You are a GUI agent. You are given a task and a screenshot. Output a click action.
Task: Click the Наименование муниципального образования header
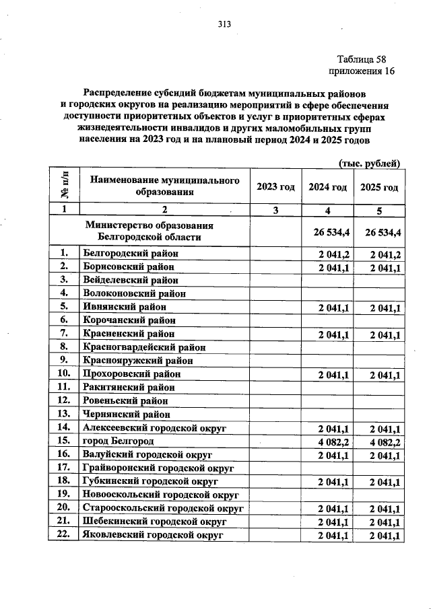(x=165, y=186)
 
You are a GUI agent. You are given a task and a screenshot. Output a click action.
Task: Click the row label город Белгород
(x=118, y=441)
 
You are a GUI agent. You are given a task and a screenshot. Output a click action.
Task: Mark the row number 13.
(x=65, y=414)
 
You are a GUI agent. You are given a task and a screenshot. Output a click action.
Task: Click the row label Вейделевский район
(x=130, y=280)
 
